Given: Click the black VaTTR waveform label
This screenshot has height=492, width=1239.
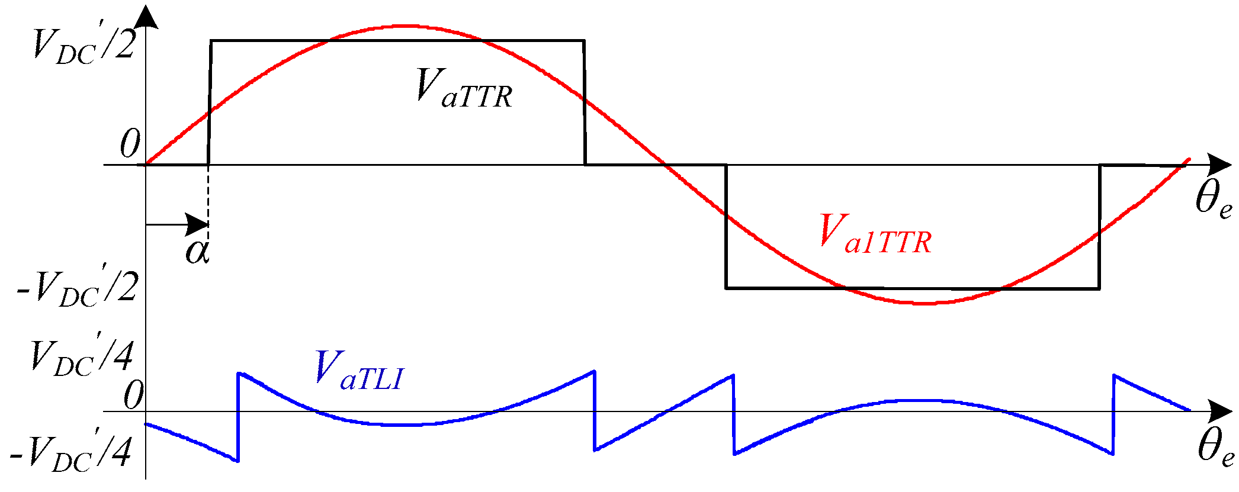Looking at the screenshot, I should (463, 89).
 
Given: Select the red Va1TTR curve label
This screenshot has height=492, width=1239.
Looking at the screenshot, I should (875, 234).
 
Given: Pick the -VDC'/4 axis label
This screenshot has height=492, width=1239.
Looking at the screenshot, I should (71, 454).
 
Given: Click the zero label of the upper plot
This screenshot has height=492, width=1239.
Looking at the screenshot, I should (130, 144).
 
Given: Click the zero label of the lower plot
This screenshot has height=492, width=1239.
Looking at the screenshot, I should (133, 395).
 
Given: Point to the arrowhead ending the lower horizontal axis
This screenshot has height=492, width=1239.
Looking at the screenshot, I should (1219, 411).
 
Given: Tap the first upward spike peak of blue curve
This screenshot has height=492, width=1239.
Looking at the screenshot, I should (239, 373).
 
